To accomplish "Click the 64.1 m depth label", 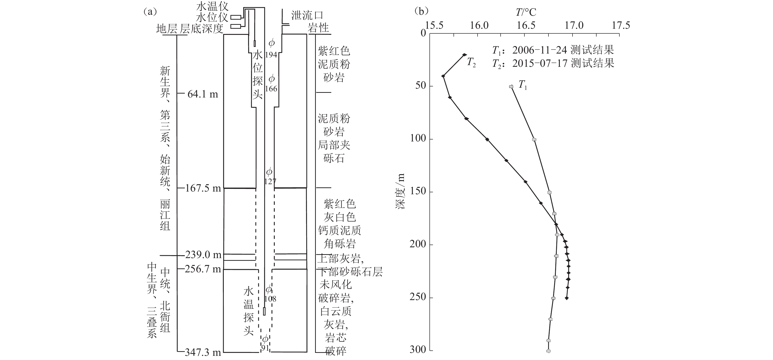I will tap(202, 94).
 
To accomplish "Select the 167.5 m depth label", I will tap(203, 188).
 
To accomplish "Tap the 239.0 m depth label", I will tap(203, 255).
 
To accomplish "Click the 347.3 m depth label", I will tap(203, 352).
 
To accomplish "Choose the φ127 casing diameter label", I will tap(269, 177).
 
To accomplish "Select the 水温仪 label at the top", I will tap(212, 6).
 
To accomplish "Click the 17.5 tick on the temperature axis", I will tap(621, 25).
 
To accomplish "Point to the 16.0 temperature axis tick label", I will tap(479, 25).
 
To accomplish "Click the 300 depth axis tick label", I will tap(418, 349).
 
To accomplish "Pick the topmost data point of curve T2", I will tap(465, 55).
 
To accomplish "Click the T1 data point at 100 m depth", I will tap(534, 139).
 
